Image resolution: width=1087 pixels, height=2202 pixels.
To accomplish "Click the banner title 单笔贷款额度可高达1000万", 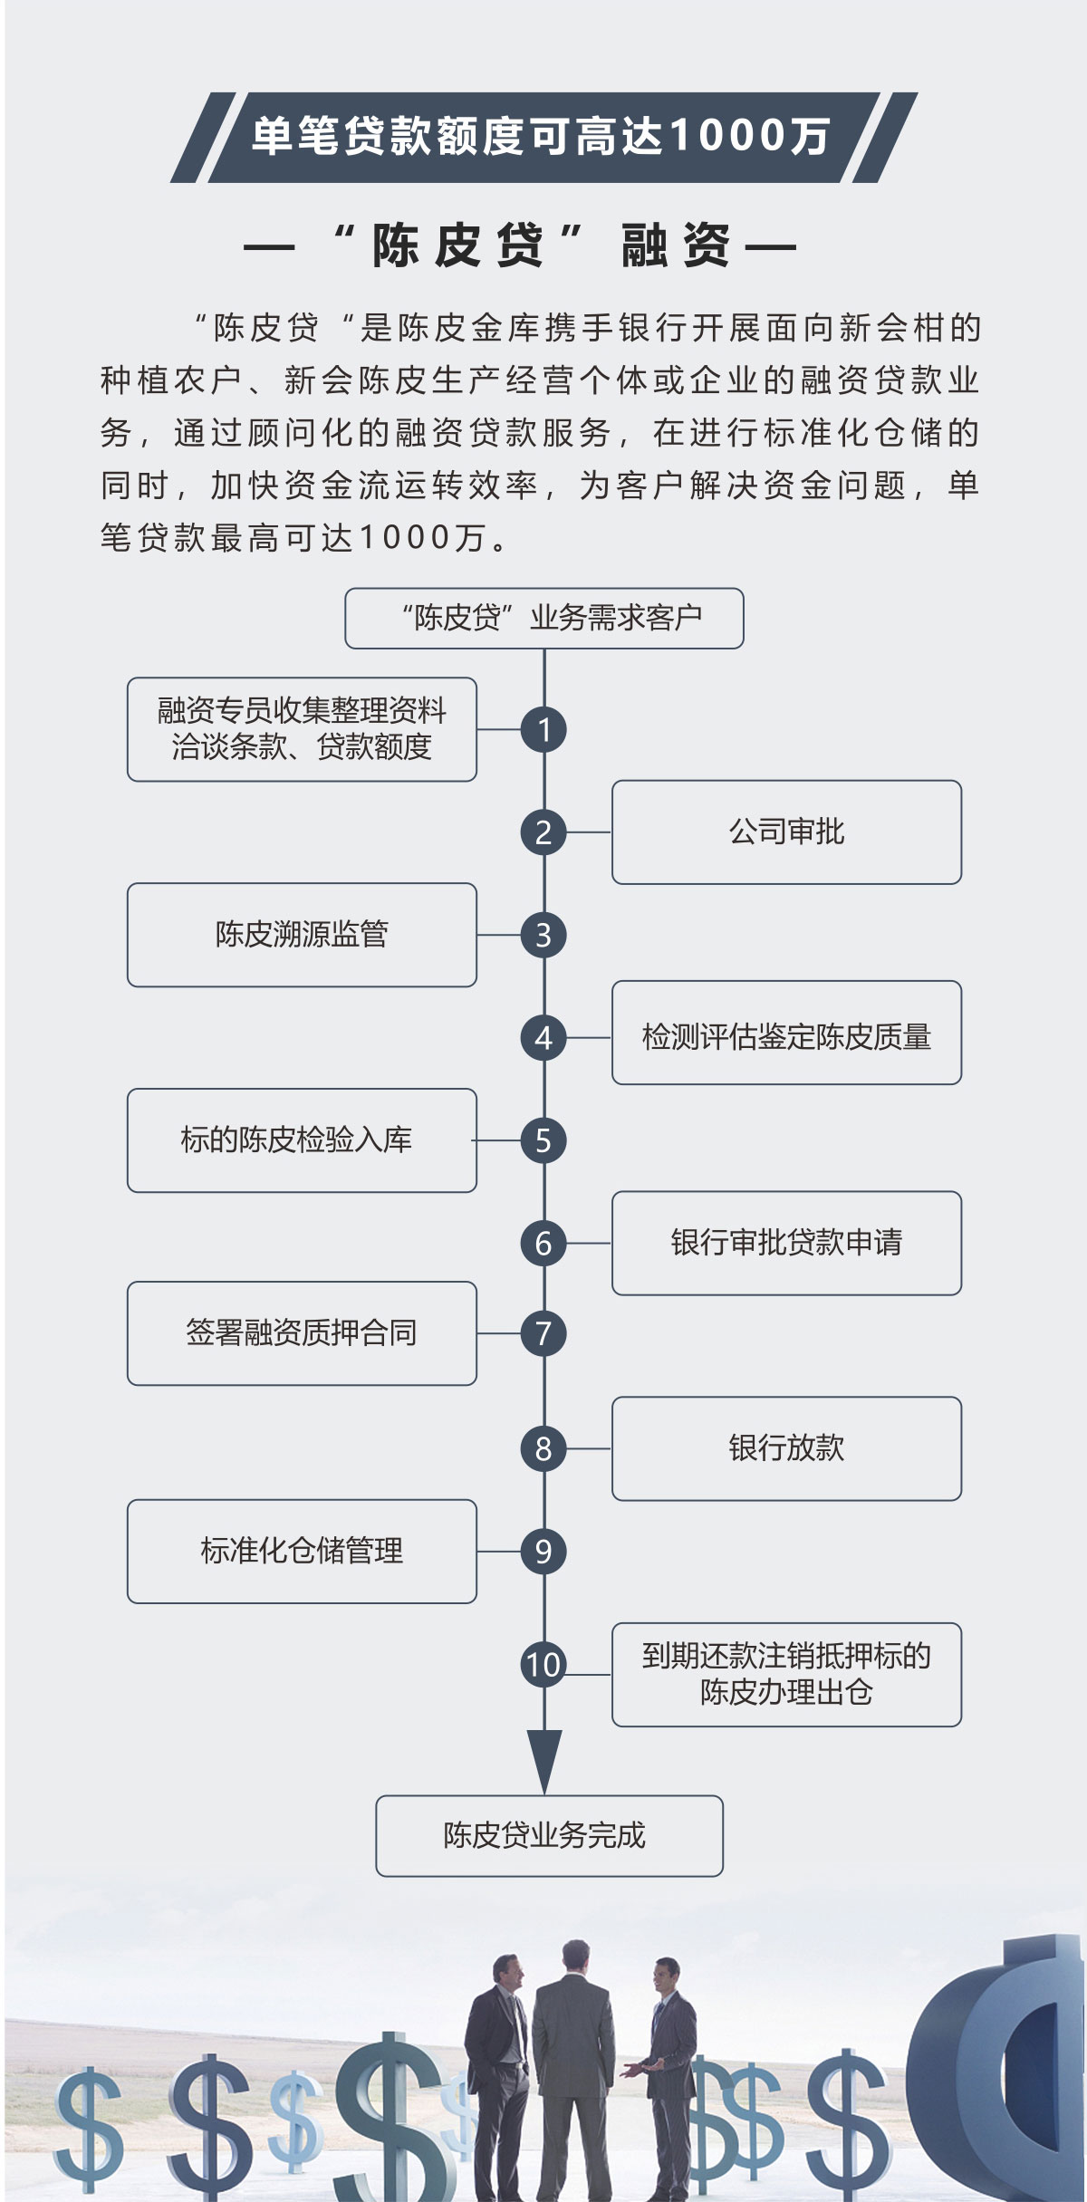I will pyautogui.click(x=542, y=138).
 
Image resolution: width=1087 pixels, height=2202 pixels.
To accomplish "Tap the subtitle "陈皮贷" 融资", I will pyautogui.click(x=521, y=245).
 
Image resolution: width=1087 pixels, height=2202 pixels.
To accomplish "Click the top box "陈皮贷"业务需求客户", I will pyautogui.click(x=543, y=619).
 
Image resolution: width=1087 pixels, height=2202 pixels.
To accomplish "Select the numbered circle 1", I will pyautogui.click(x=543, y=729).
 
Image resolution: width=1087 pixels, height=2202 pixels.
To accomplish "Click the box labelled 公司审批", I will pyautogui.click(x=786, y=832).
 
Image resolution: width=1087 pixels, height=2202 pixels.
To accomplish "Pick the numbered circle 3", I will pyautogui.click(x=543, y=935).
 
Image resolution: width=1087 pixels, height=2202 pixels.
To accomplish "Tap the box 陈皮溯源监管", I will pyautogui.click(x=302, y=935).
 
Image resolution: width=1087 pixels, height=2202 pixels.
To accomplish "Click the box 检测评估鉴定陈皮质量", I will pyautogui.click(x=786, y=1037).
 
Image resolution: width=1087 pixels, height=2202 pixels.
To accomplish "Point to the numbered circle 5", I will pyautogui.click(x=543, y=1140).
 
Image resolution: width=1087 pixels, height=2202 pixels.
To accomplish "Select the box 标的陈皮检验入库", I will pyautogui.click(x=302, y=1140).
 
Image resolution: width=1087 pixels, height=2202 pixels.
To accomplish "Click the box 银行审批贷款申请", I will pyautogui.click(x=786, y=1243).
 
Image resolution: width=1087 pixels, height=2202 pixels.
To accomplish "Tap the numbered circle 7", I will pyautogui.click(x=543, y=1333).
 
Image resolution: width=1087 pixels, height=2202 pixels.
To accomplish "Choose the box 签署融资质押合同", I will pyautogui.click(x=302, y=1333).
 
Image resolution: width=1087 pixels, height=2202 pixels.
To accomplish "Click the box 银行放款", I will pyautogui.click(x=786, y=1448).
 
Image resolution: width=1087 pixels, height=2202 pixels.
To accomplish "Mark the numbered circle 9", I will pyautogui.click(x=543, y=1552).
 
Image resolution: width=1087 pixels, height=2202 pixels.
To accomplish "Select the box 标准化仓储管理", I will pyautogui.click(x=302, y=1552).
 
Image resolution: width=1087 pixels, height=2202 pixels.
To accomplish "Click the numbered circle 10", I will pyautogui.click(x=543, y=1665).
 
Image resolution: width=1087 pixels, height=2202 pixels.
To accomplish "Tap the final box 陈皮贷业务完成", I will pyautogui.click(x=549, y=1836).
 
